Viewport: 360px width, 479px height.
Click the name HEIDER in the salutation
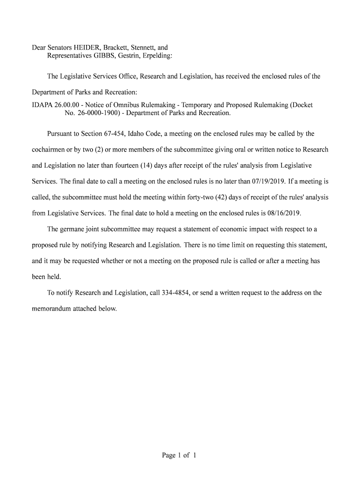81,48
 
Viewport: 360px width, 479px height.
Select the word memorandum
53,309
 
